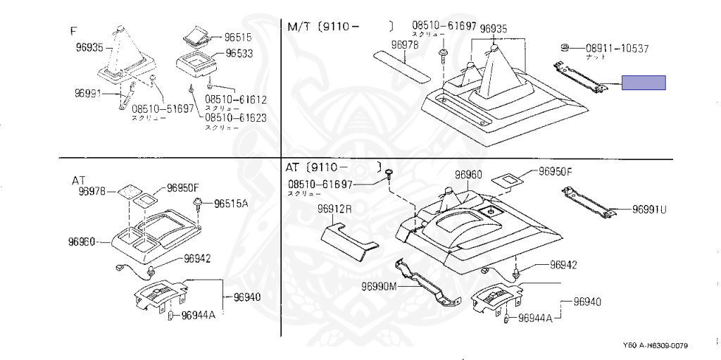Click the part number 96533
click(240, 54)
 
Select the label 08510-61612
click(236, 100)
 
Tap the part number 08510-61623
click(236, 118)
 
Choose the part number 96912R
click(334, 209)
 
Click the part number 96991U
click(649, 209)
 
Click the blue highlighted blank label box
click(643, 84)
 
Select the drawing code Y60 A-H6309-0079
click(655, 346)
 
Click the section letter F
click(73, 31)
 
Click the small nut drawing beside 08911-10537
click(564, 47)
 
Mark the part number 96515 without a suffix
click(239, 37)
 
